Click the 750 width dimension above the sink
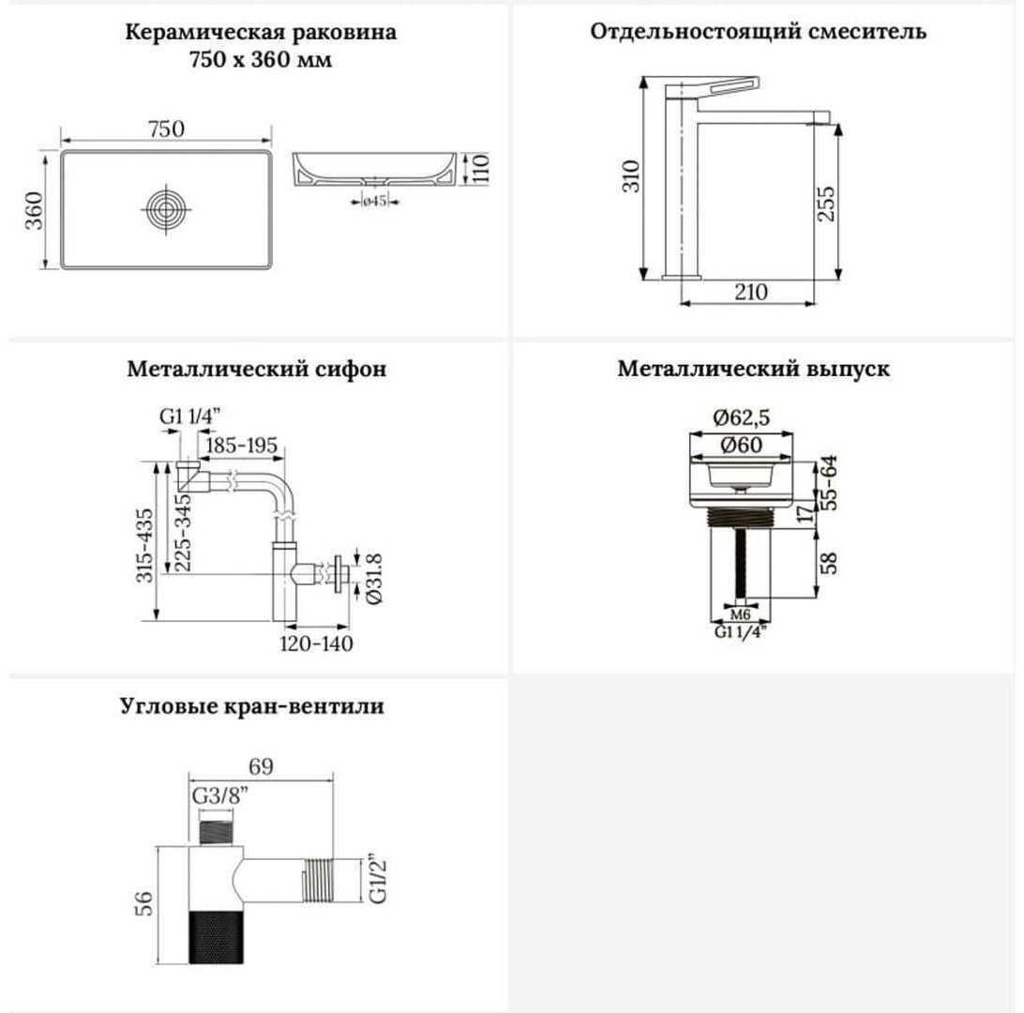pos(167,129)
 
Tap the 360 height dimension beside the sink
pos(34,210)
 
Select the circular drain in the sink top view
pos(167,210)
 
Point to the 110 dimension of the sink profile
pos(480,169)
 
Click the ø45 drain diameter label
pos(375,201)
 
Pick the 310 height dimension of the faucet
pos(631,176)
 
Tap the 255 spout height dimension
pos(826,204)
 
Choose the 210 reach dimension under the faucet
pos(751,292)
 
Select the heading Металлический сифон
pos(257,369)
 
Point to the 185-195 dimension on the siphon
pos(242,446)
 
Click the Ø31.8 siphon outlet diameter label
pos(374,579)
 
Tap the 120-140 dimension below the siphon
pos(316,643)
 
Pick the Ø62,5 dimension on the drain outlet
pos(741,416)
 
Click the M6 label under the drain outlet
pos(740,614)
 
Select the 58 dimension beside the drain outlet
pos(828,563)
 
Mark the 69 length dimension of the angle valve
pos(261,766)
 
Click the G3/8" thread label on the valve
pos(220,796)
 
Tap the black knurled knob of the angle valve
pos(217,936)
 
